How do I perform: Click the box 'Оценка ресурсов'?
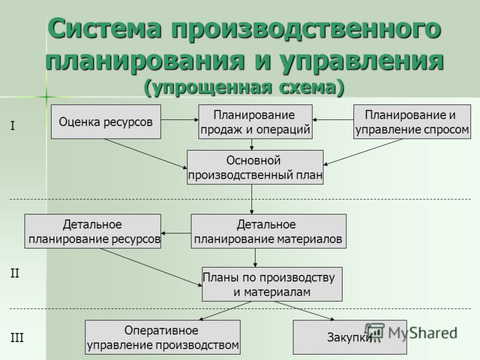tap(106, 122)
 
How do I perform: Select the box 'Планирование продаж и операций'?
tap(256, 122)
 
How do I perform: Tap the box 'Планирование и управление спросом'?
tap(412, 122)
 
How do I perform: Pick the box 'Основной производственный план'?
tap(255, 167)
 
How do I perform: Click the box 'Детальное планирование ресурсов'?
tap(93, 231)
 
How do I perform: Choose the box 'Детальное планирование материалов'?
tap(269, 231)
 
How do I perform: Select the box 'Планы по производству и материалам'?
tap(272, 284)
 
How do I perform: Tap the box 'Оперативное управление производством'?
tap(163, 337)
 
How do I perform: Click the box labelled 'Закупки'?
tap(350, 337)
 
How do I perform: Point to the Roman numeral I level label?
tap(13, 126)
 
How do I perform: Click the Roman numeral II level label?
tap(14, 273)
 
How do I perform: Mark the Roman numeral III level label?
tap(17, 338)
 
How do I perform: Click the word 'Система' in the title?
tap(104, 28)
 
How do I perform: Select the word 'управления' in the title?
tap(362, 61)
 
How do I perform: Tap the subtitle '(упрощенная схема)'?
tap(244, 88)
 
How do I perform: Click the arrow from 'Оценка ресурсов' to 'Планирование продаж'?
tap(179, 119)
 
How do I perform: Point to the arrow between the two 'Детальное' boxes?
tap(176, 233)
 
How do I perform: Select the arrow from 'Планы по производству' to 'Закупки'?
tap(305, 311)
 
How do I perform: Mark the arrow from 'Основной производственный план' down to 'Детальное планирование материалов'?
tap(251, 199)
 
